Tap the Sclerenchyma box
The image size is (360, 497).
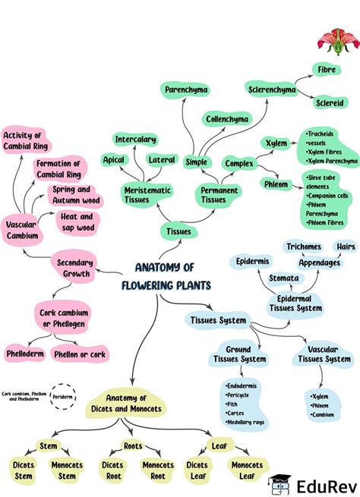click(x=272, y=90)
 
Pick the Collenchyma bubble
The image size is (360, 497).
click(x=226, y=119)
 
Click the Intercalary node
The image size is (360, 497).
click(x=136, y=139)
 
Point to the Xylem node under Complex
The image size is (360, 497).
click(x=275, y=143)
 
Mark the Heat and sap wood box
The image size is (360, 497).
click(x=77, y=222)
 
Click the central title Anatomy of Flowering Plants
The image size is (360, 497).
click(x=164, y=276)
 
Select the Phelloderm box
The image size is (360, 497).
click(x=24, y=354)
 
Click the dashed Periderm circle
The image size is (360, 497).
click(x=62, y=396)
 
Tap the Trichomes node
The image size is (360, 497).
click(x=304, y=247)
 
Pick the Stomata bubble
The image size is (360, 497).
click(x=283, y=278)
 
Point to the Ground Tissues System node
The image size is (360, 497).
click(x=238, y=354)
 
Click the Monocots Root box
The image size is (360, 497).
click(x=158, y=470)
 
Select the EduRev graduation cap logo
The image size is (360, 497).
click(x=279, y=483)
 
